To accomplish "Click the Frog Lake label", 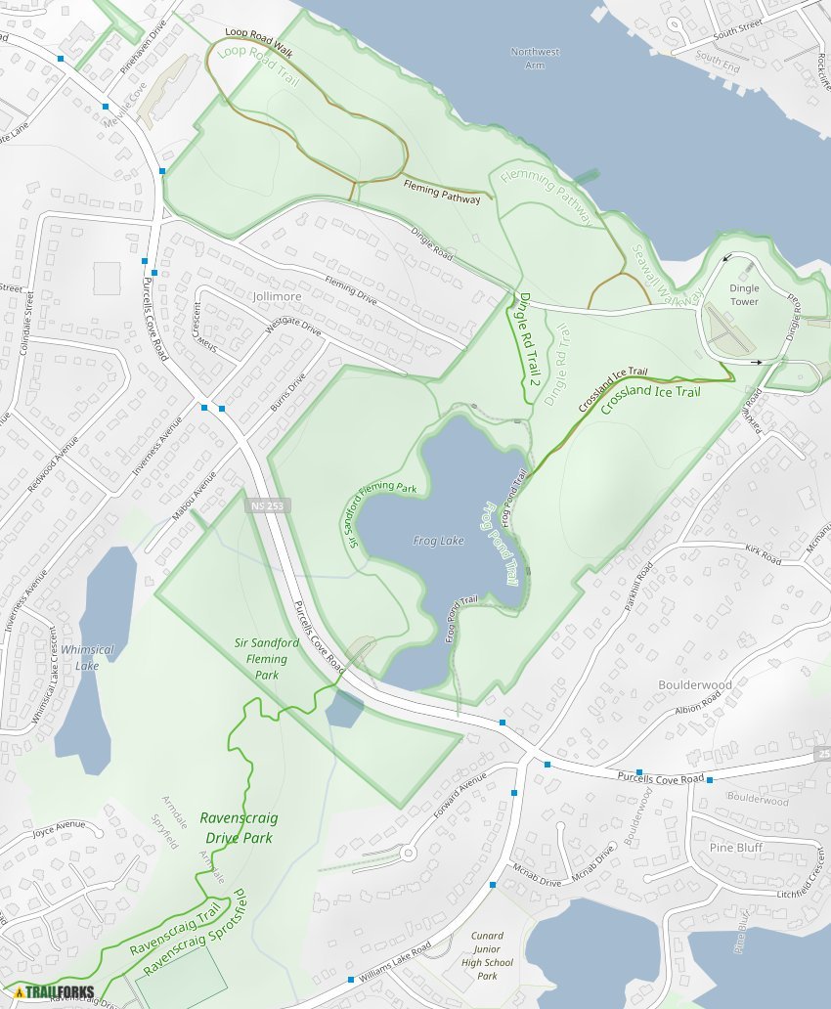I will click(438, 540).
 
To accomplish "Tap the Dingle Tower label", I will click(744, 295).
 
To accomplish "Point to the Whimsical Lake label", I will click(87, 657).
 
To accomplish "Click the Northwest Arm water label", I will click(534, 58).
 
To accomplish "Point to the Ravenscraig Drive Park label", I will click(239, 827).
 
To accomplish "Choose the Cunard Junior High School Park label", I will click(487, 955).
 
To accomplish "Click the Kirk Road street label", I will click(763, 554).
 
